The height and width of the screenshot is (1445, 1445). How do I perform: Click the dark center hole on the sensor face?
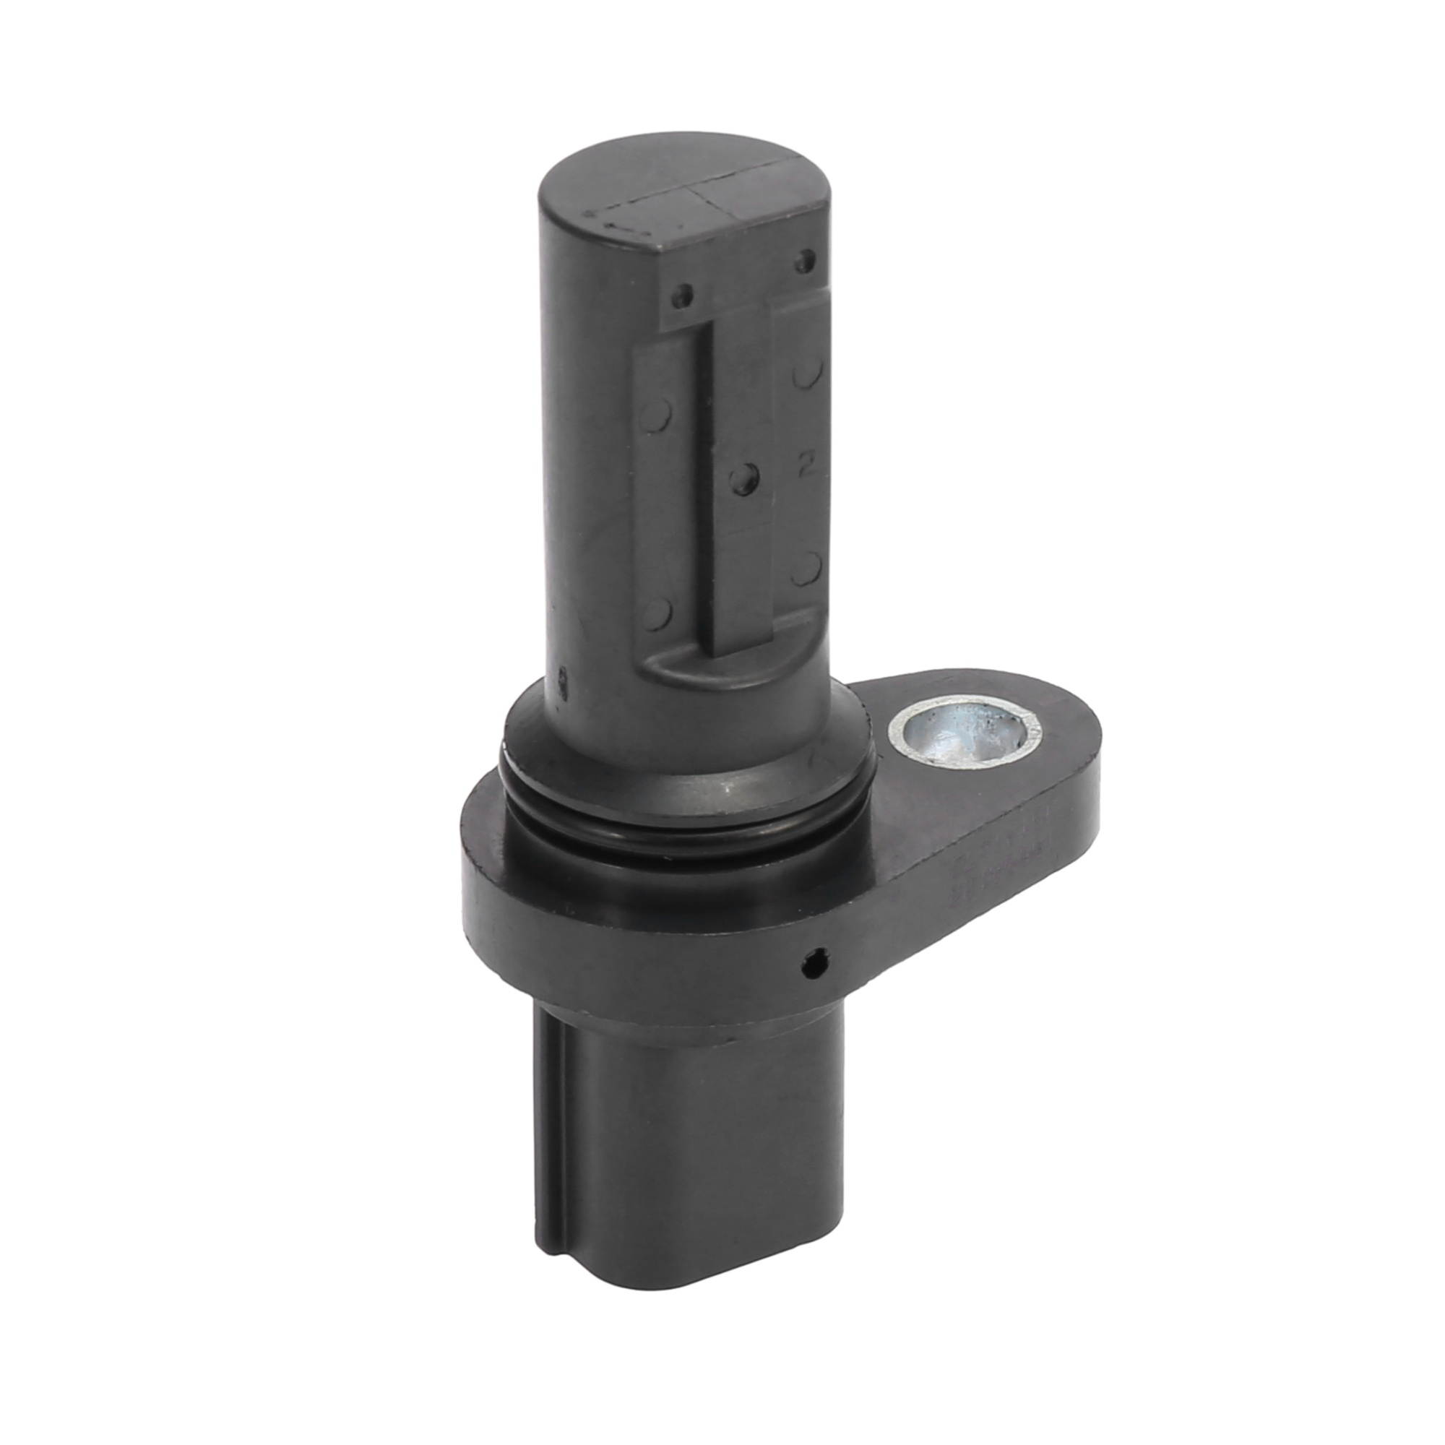pos(743,475)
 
